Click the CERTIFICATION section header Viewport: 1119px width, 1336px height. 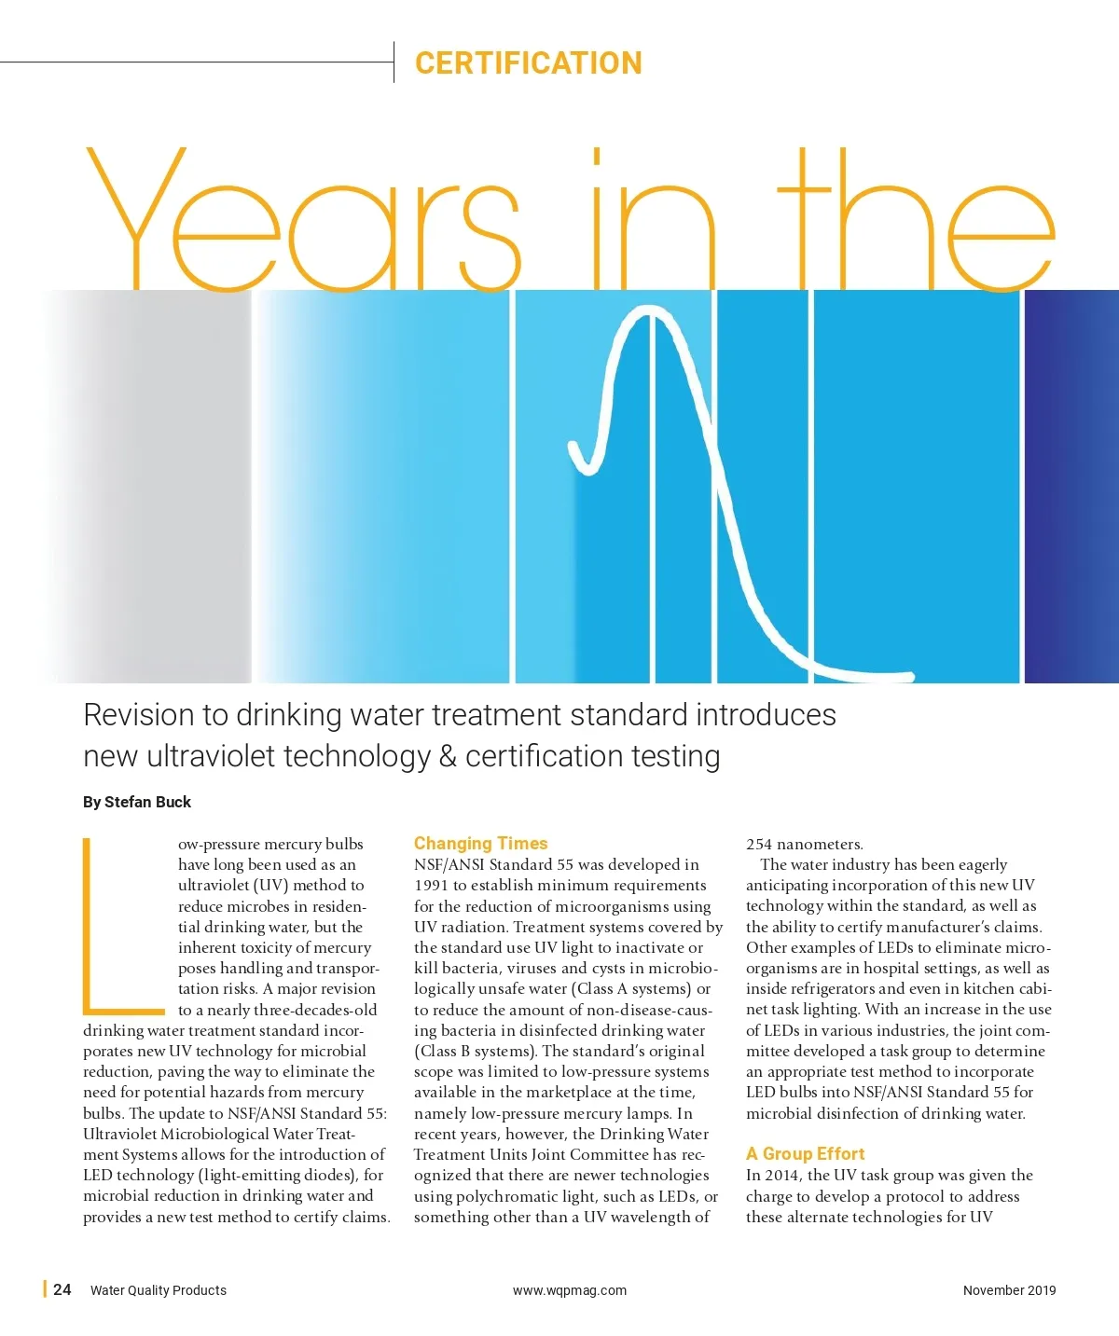(x=528, y=63)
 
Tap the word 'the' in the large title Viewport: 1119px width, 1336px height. (x=915, y=220)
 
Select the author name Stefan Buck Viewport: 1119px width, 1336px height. (x=147, y=802)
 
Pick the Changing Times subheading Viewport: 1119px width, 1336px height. (x=480, y=843)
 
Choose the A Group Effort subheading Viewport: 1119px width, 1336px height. (x=805, y=1153)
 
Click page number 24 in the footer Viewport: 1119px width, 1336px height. (x=62, y=1289)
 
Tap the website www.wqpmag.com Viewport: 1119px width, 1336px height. (x=569, y=1290)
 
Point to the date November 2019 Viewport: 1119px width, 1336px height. (x=1009, y=1290)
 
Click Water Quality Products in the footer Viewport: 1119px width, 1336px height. (x=159, y=1290)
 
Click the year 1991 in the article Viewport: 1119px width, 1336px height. (x=432, y=886)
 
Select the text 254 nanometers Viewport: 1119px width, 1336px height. (x=804, y=845)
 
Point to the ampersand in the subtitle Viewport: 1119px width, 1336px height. (x=448, y=756)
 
